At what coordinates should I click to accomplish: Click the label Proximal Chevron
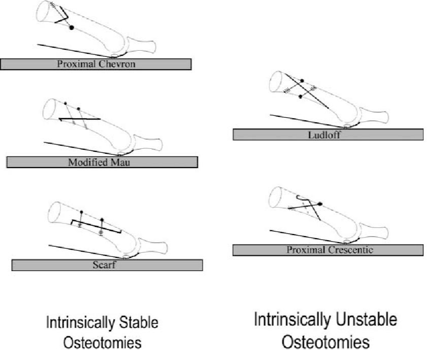pos(96,64)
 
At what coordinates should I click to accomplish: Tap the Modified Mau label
pos(102,162)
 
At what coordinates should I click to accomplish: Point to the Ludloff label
pos(328,135)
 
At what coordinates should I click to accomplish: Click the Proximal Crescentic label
pos(328,250)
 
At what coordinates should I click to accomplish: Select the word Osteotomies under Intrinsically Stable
pos(102,344)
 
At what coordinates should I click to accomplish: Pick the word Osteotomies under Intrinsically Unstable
pos(326,342)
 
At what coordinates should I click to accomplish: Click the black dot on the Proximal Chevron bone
pos(71,27)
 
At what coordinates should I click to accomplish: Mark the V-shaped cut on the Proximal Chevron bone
pos(61,17)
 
